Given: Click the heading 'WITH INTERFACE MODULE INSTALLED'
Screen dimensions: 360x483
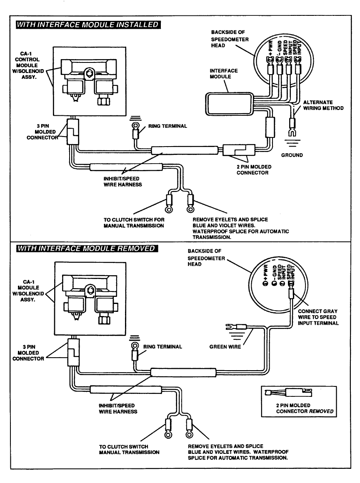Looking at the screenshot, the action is (88, 25).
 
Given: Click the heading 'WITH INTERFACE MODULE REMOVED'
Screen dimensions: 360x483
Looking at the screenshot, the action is (87, 248).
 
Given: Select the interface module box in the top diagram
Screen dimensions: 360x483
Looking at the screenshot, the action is (229, 104).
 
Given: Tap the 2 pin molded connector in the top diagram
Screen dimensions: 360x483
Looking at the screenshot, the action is (239, 150).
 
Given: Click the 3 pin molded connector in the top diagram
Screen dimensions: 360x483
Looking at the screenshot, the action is (73, 132).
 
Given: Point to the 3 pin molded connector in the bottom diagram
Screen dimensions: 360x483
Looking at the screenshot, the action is (73, 352).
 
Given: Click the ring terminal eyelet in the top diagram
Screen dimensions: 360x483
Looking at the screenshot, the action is (135, 125).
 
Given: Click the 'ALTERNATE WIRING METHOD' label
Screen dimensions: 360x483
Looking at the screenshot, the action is (323, 105).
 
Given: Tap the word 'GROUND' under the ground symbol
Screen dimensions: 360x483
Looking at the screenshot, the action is (292, 155).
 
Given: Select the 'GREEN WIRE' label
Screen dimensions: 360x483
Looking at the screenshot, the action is (225, 346).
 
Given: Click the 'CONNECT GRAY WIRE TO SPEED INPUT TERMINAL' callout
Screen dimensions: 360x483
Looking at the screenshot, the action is (318, 317).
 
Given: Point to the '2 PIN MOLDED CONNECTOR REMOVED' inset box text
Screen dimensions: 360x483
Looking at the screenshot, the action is (305, 408).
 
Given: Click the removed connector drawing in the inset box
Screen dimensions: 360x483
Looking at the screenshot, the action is (288, 392).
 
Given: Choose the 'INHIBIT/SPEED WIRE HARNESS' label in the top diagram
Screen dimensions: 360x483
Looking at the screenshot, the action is (122, 182).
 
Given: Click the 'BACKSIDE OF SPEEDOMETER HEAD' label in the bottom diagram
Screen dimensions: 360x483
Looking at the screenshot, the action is (206, 257).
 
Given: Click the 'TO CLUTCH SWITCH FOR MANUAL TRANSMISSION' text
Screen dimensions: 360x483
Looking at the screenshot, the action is (134, 222).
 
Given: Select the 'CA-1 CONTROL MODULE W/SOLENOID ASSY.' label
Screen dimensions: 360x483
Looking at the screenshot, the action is (28, 65).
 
